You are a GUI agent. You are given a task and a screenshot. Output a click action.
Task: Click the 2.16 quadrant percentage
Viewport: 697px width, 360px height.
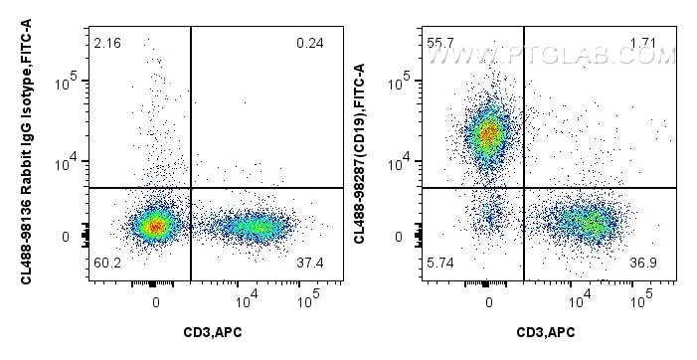pos(107,45)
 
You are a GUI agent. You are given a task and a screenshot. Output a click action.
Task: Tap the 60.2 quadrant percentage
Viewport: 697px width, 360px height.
pos(107,264)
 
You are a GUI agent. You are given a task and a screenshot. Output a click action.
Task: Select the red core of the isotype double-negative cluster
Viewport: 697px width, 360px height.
pos(154,227)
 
